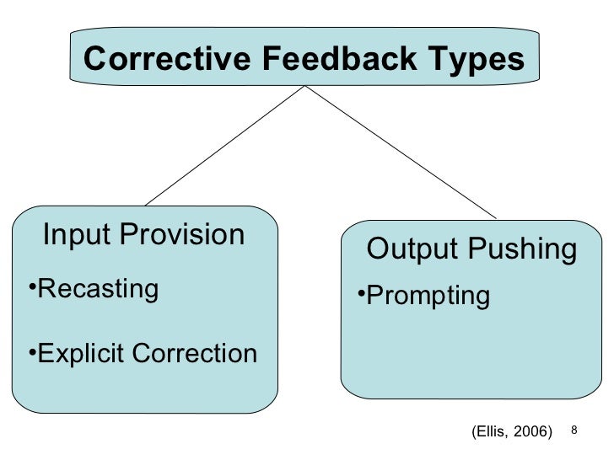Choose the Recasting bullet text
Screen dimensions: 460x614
(x=99, y=289)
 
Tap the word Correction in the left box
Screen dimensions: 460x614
(x=199, y=353)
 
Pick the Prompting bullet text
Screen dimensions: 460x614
(x=428, y=296)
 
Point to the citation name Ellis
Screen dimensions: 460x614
(x=487, y=432)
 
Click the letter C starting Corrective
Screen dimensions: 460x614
(x=95, y=60)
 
